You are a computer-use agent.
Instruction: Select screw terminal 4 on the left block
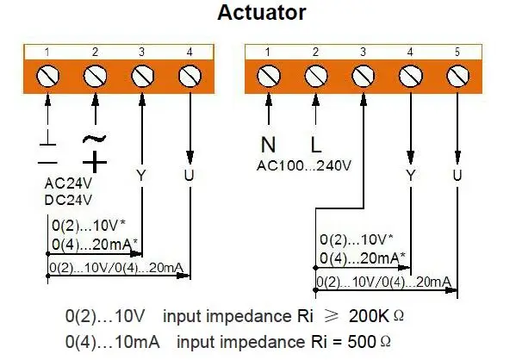click(x=188, y=78)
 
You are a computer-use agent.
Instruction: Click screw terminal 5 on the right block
click(x=457, y=78)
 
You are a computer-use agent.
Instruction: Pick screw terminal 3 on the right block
click(x=364, y=78)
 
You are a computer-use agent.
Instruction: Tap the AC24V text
click(x=68, y=184)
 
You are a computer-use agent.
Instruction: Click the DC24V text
click(x=68, y=199)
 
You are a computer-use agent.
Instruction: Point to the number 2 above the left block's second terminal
click(x=95, y=53)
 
